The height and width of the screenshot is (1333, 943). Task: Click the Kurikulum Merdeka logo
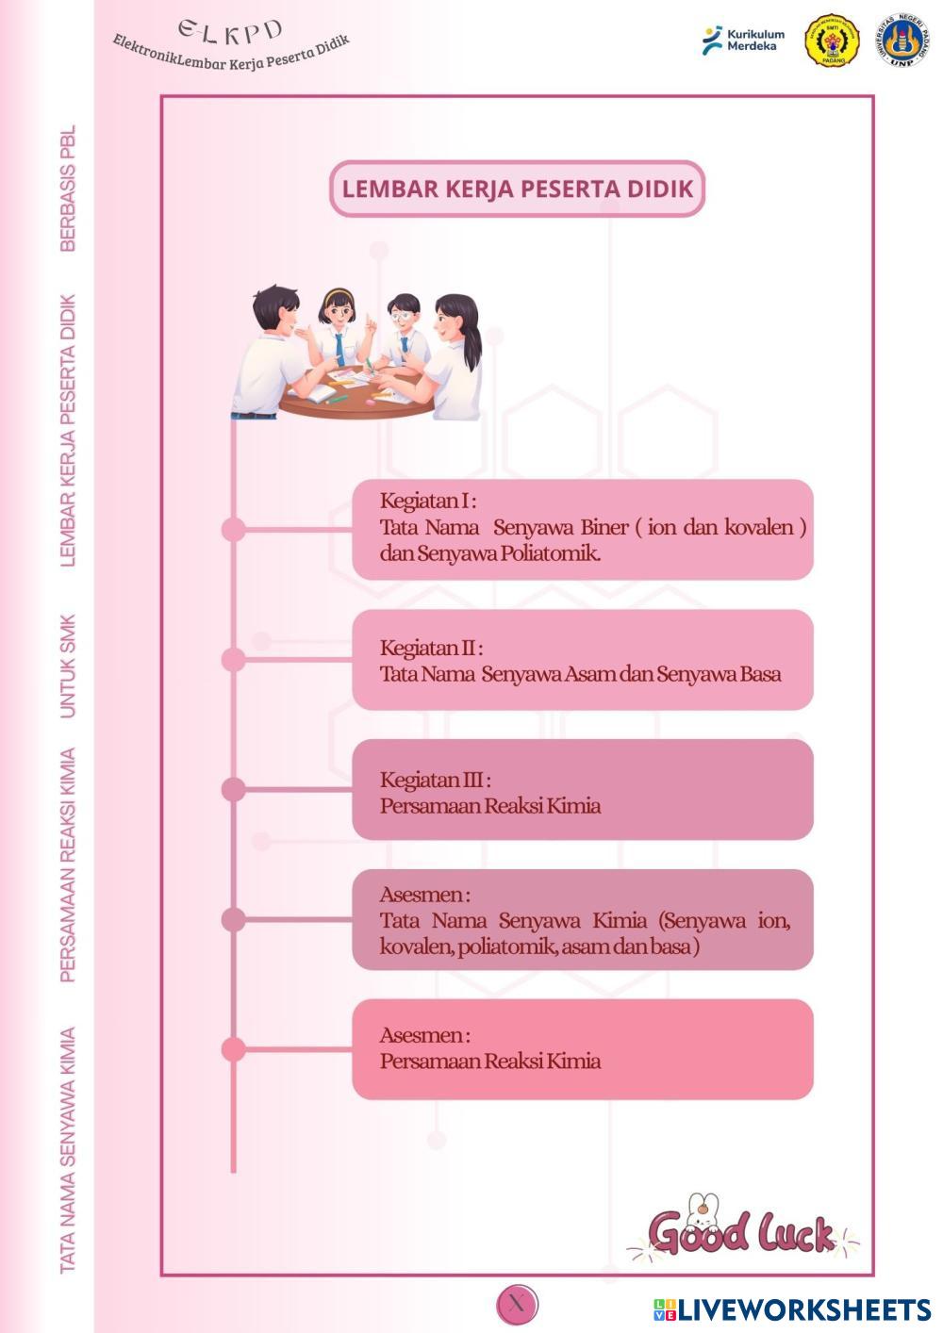pyautogui.click(x=743, y=40)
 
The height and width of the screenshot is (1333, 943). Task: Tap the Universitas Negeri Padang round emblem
pyautogui.click(x=902, y=40)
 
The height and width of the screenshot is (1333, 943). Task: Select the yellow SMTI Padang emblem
pyautogui.click(x=832, y=40)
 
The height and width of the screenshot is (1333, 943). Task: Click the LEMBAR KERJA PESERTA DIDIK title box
pyautogui.click(x=517, y=189)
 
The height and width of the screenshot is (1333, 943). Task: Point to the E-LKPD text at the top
pyautogui.click(x=230, y=33)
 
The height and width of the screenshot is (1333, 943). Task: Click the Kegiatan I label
pyautogui.click(x=428, y=502)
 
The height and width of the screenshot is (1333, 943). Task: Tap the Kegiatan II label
pyautogui.click(x=431, y=648)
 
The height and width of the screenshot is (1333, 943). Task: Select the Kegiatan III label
pyautogui.click(x=435, y=780)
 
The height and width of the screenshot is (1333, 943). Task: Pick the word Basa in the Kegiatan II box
pyautogui.click(x=760, y=674)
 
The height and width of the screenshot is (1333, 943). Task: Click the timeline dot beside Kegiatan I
pyautogui.click(x=233, y=529)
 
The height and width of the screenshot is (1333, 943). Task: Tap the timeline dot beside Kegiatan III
pyautogui.click(x=233, y=790)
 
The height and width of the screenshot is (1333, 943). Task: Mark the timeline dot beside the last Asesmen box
pyautogui.click(x=233, y=1049)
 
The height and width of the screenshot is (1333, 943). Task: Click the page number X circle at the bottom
pyautogui.click(x=517, y=1303)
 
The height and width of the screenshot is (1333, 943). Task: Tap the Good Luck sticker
pyautogui.click(x=743, y=1229)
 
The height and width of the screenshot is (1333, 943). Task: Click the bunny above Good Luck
pyautogui.click(x=702, y=1210)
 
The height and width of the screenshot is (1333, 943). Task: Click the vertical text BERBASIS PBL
pyautogui.click(x=68, y=188)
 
